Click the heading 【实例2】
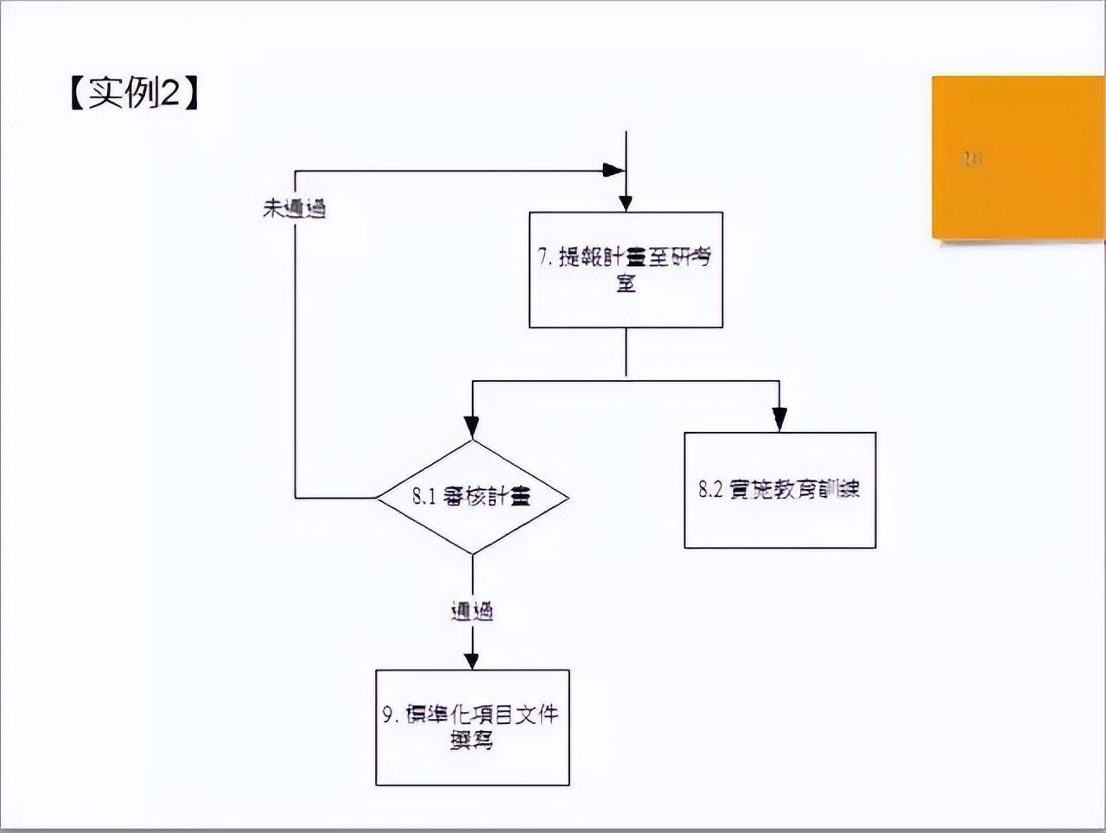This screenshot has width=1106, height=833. coord(134,92)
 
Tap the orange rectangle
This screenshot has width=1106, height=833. coord(1018,157)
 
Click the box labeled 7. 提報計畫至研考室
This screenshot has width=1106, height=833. coord(626,270)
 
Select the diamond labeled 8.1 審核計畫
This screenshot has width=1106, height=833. coord(472,497)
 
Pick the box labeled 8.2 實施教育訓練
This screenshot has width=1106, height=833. coord(779,490)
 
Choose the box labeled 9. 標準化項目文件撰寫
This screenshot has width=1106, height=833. coord(472,728)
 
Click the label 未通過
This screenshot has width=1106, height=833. coord(295,208)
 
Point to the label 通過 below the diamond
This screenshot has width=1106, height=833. coord(472,612)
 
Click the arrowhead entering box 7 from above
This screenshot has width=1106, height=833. coord(626,203)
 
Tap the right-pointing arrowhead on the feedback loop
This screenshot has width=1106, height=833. coord(613,170)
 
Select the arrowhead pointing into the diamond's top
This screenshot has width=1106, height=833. coord(472,427)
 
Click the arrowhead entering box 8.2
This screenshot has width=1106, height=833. coord(779,420)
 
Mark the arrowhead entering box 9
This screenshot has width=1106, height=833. coord(472,659)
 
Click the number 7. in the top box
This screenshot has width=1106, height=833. coord(545,257)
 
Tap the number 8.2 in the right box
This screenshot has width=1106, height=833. coord(709,489)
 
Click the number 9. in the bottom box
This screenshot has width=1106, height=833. coord(391,715)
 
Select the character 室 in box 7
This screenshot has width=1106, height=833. coord(626,283)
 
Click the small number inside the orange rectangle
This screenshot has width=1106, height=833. coord(972,158)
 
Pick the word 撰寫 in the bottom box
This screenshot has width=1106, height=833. coord(472,741)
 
